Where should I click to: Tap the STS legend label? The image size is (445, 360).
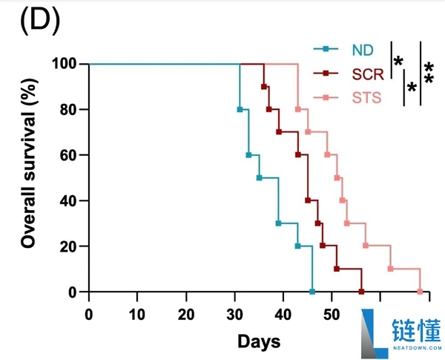click(366, 96)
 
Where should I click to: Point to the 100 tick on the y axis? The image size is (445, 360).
click(65, 64)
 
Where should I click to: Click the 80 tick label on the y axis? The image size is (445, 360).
click(68, 109)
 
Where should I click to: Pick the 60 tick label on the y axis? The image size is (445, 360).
click(68, 155)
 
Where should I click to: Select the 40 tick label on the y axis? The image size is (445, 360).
click(68, 200)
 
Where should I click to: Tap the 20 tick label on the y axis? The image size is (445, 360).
click(68, 246)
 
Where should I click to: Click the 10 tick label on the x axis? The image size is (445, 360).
click(137, 311)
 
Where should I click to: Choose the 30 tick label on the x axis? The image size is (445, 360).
click(234, 311)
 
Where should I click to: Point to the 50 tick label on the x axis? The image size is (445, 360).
click(332, 311)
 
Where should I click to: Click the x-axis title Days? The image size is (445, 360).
click(259, 341)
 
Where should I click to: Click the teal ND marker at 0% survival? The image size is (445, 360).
click(312, 292)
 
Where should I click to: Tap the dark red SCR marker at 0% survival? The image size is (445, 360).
click(361, 292)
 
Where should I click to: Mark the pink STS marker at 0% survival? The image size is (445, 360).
click(420, 292)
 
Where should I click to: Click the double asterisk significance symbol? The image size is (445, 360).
click(429, 73)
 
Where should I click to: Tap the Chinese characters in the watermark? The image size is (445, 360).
click(417, 327)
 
